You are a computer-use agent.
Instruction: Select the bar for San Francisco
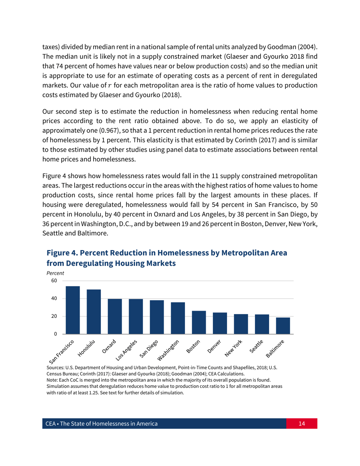tap(73, 310)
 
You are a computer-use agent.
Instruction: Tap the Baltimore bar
tap(283, 326)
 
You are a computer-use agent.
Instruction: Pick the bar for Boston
tap(199, 322)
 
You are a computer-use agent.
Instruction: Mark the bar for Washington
tap(178, 318)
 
